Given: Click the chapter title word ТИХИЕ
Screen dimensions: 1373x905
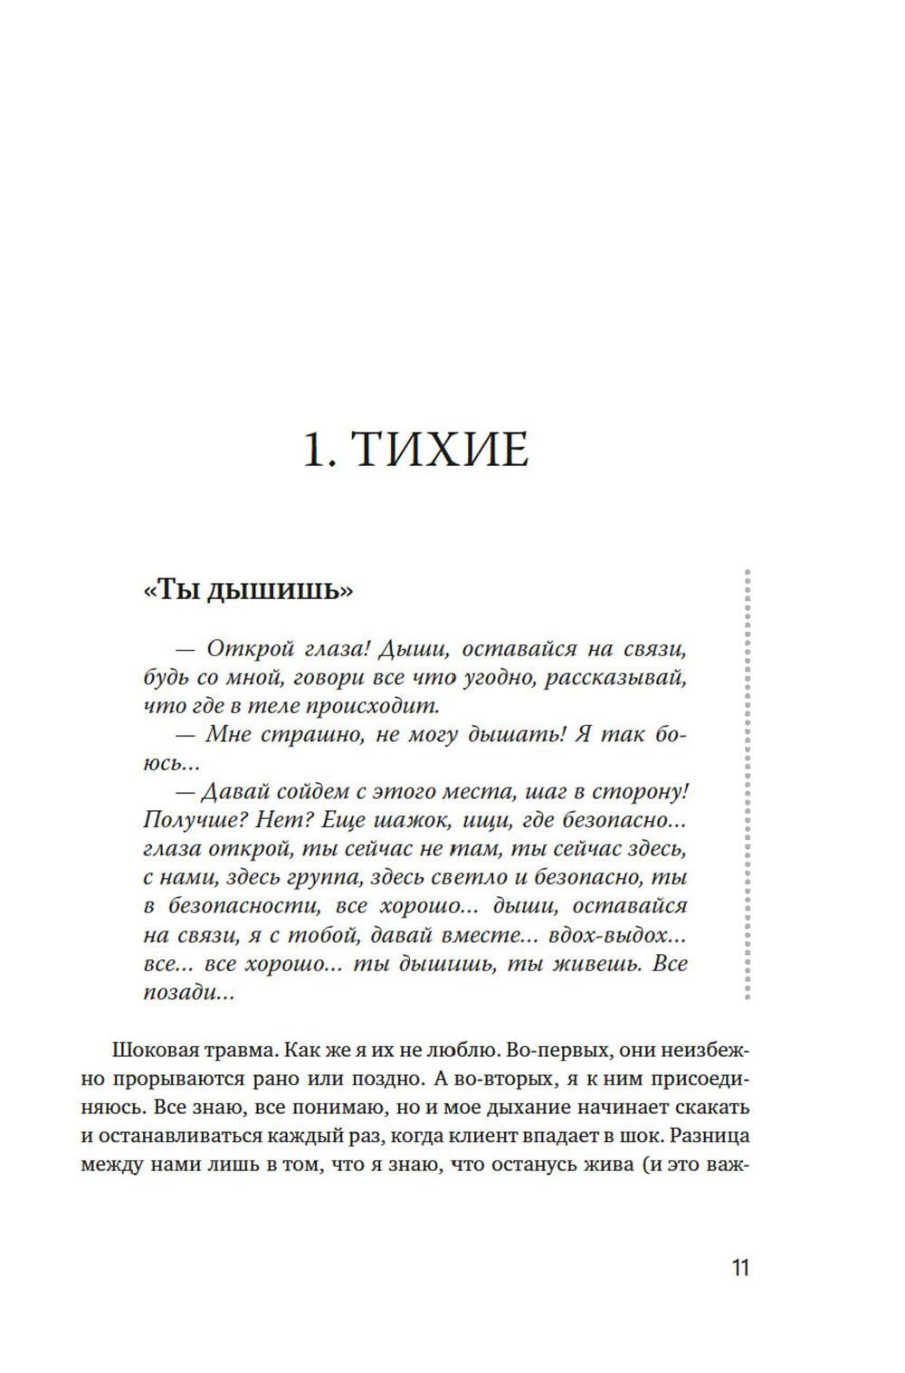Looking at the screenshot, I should click(439, 450).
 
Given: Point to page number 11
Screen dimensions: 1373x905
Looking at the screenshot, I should click(740, 1268).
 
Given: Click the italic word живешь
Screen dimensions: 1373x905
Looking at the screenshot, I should click(586, 963).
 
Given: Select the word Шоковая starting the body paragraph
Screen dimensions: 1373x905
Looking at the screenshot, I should click(152, 1051).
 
